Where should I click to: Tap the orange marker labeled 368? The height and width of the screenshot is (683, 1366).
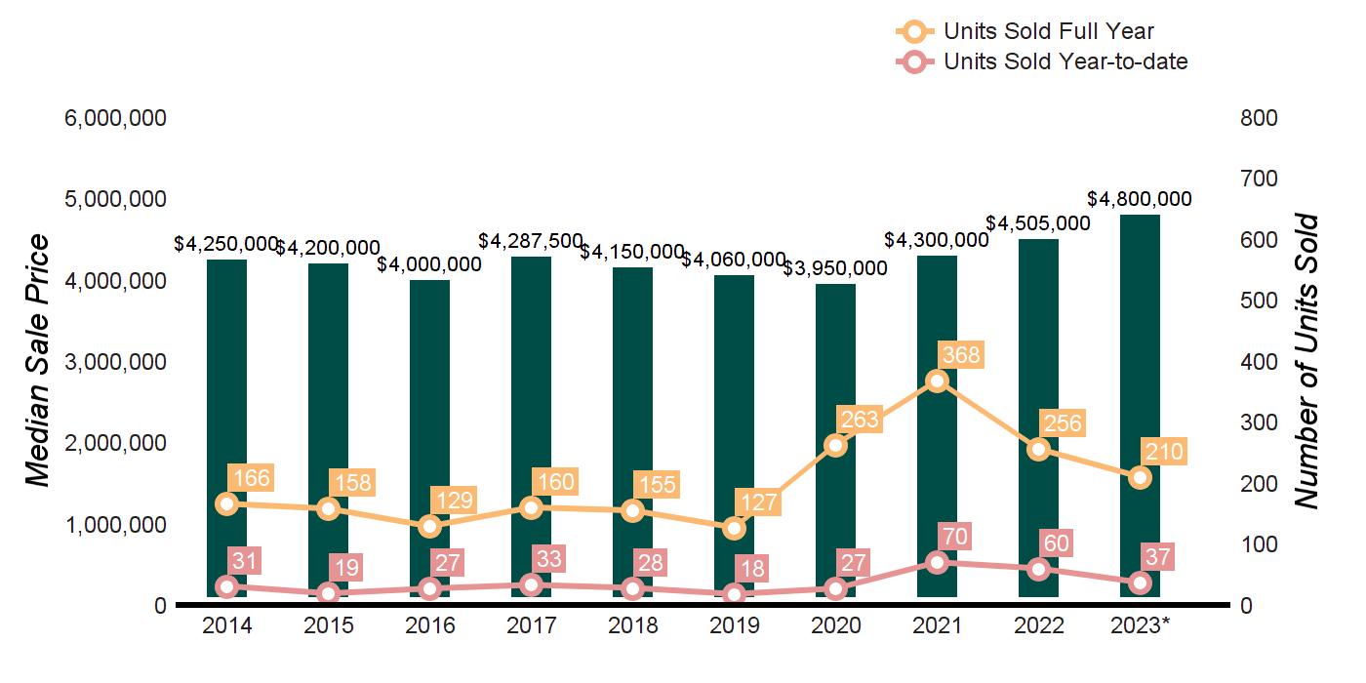point(938,382)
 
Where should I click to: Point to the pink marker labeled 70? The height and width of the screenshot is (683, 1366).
point(938,562)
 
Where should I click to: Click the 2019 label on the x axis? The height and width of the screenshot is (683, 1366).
point(735,625)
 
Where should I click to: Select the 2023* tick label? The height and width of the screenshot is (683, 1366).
point(1141,625)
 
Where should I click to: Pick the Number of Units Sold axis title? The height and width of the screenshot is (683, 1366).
point(1306,361)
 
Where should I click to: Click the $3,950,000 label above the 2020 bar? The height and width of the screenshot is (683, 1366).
point(836,268)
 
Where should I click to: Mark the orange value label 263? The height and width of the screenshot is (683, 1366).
point(859,421)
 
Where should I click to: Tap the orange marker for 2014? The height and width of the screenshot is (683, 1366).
point(227,503)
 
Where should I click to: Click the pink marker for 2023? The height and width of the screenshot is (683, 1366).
point(1141,583)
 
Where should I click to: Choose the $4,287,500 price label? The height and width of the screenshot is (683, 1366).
point(531,240)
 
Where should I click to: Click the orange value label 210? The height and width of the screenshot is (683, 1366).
point(1163,452)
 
